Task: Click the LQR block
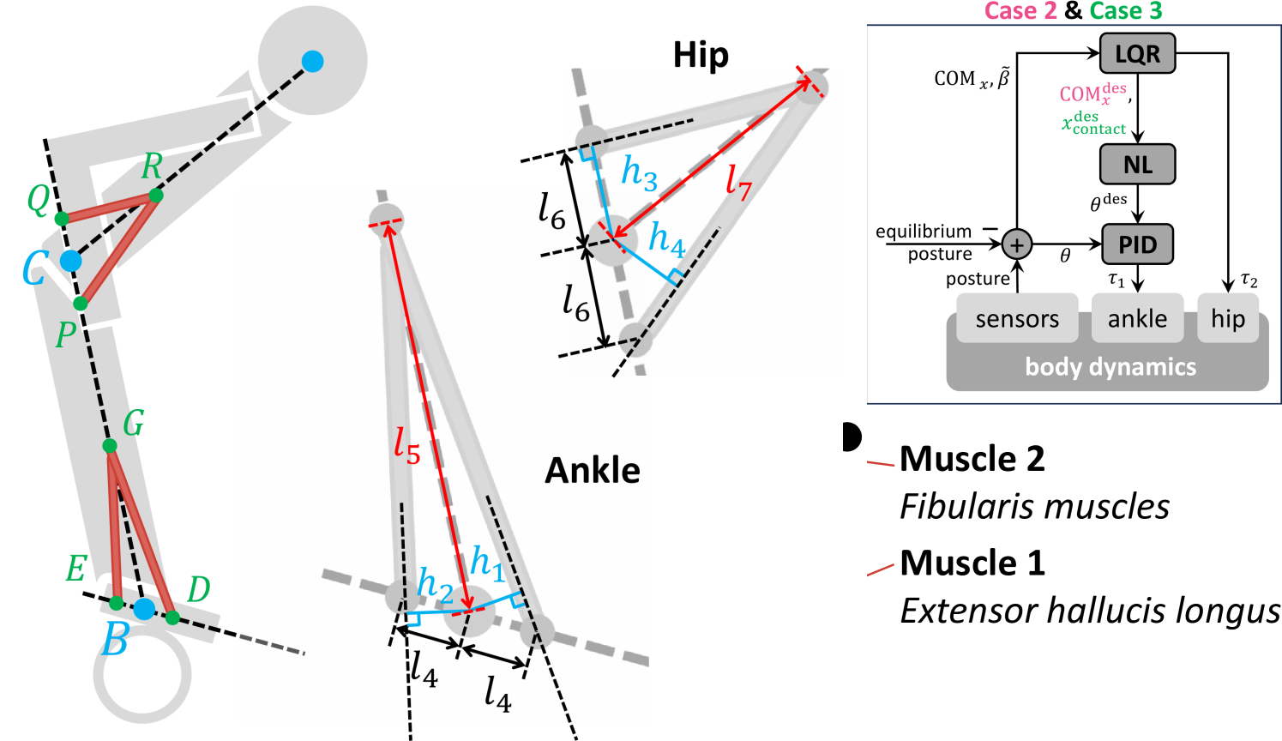point(1137,54)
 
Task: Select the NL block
point(1137,164)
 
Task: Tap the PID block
point(1137,244)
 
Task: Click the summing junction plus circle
point(1016,244)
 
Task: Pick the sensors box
point(1017,319)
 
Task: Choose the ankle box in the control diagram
point(1137,319)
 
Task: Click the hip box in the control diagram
point(1227,319)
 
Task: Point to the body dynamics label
point(1110,367)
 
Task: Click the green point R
point(155,196)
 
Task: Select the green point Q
point(62,219)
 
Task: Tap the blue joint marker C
point(70,261)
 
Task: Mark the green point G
point(110,446)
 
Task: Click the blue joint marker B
point(144,609)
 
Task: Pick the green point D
point(172,617)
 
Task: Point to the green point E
point(116,603)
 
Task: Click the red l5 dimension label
point(406,445)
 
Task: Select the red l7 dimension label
point(737,181)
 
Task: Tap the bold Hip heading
point(701,56)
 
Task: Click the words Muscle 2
point(972,459)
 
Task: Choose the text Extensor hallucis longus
point(1090,611)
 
